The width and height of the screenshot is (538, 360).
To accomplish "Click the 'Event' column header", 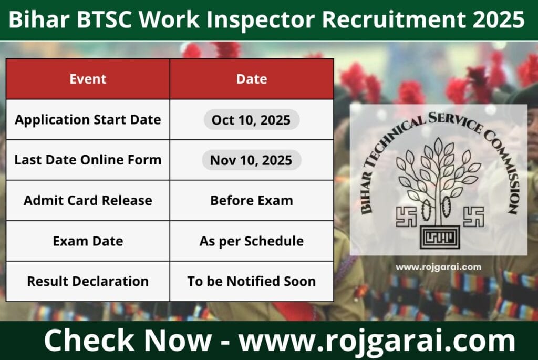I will coord(88,79).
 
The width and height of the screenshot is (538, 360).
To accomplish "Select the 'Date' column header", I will coord(251,79).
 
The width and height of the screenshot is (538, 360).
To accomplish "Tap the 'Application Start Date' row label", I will coord(88,119).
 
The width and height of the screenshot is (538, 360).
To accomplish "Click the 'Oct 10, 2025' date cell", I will coord(251,120).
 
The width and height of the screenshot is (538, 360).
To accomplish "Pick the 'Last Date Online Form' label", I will coord(88,160).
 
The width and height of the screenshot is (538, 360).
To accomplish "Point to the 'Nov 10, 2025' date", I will coord(251,160).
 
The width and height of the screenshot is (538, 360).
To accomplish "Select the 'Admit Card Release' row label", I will coord(88,200).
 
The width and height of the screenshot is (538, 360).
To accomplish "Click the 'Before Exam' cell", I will coord(251,200).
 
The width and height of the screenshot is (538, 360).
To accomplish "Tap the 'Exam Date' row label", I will coord(88,241).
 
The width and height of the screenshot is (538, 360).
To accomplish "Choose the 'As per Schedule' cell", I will coord(251,241).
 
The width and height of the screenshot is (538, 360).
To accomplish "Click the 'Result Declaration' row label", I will coord(88,281).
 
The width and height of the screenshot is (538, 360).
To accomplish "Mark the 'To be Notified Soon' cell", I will coord(251,281).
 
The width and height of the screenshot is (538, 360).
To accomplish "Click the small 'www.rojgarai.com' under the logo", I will coord(438,267).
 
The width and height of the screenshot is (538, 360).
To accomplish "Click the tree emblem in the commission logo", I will coord(438,179).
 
